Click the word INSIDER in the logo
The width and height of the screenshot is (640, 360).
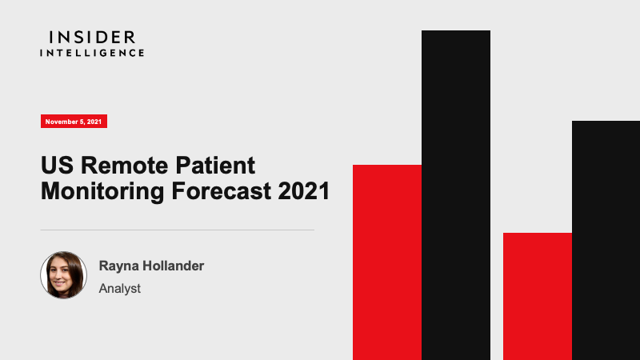pyautogui.click(x=92, y=38)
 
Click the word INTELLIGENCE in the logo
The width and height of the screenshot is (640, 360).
pyautogui.click(x=92, y=53)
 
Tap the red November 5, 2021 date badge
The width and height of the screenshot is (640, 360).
pyautogui.click(x=74, y=122)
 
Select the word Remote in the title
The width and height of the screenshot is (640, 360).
pyautogui.click(x=125, y=166)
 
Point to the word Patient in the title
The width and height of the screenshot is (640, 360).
pyautogui.click(x=215, y=166)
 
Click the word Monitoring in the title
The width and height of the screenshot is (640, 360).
pyautogui.click(x=102, y=191)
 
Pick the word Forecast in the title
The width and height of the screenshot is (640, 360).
pyautogui.click(x=221, y=191)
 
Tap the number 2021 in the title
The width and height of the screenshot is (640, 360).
pyautogui.click(x=304, y=191)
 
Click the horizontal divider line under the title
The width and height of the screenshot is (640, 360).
pyautogui.click(x=177, y=230)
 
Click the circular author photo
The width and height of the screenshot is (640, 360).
pyautogui.click(x=64, y=275)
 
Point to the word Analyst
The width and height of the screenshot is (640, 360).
pyautogui.click(x=119, y=289)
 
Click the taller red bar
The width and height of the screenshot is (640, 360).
pyautogui.click(x=387, y=262)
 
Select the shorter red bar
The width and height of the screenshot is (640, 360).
pyautogui.click(x=538, y=296)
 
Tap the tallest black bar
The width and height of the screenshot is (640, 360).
pyautogui.click(x=456, y=195)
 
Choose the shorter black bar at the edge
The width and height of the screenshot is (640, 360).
pyautogui.click(x=606, y=241)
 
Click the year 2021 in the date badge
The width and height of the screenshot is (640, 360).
pyautogui.click(x=94, y=122)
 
